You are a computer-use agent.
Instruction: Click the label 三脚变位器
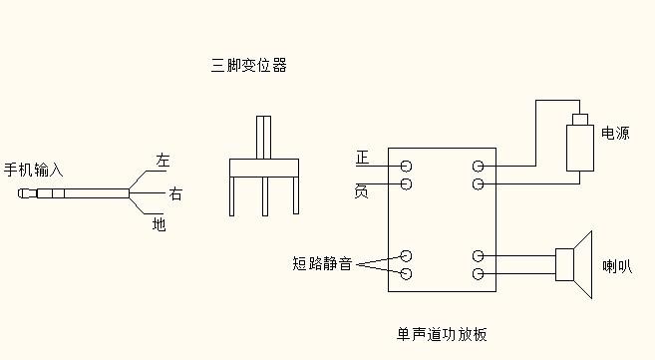click(248, 66)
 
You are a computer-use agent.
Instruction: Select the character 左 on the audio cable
click(163, 160)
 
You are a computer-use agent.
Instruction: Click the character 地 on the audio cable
click(159, 224)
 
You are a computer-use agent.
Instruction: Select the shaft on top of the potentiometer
click(263, 138)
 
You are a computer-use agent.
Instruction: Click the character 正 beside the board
click(363, 159)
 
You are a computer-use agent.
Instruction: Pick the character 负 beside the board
click(363, 188)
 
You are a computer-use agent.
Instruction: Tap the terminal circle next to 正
click(407, 166)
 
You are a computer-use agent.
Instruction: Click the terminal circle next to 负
click(407, 184)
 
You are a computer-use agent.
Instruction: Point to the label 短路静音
click(321, 264)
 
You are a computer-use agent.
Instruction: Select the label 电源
click(614, 133)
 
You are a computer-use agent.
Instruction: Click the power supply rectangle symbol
click(578, 147)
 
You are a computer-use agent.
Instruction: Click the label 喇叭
click(616, 266)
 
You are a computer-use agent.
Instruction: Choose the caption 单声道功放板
click(441, 333)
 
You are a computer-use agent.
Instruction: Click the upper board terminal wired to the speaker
click(479, 256)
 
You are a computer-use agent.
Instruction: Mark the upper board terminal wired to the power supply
click(479, 166)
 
